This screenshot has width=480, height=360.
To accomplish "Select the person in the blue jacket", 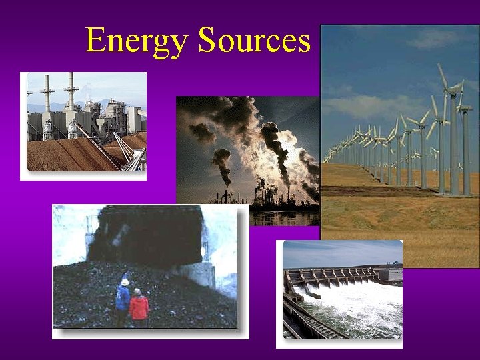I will (123, 300).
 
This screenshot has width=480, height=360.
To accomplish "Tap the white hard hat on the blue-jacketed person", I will (124, 282).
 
